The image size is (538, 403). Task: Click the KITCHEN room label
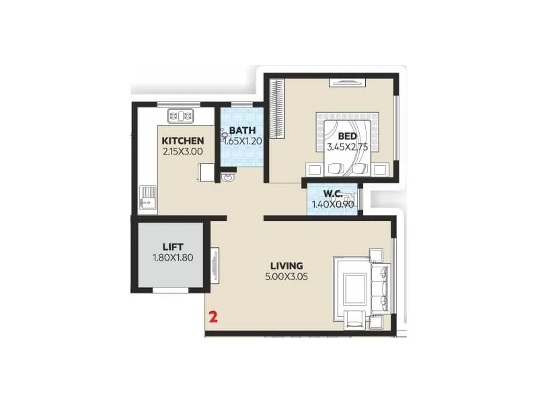click(x=182, y=141)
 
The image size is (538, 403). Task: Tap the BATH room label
click(x=241, y=130)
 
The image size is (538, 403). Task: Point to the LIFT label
click(x=172, y=246)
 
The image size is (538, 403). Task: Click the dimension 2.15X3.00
click(x=182, y=152)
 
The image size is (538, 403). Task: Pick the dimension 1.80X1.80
click(x=172, y=257)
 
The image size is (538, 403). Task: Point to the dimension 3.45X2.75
click(x=347, y=147)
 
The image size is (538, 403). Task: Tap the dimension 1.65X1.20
click(x=241, y=142)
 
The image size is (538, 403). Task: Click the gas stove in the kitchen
click(x=180, y=116)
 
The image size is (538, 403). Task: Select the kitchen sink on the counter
click(x=147, y=199)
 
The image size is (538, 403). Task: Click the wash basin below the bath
click(x=229, y=178)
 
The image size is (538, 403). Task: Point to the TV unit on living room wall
click(x=215, y=265)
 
